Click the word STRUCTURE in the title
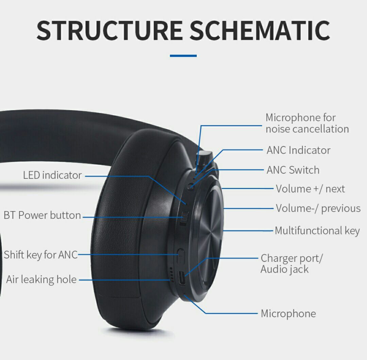[x=109, y=30]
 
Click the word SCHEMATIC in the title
[x=260, y=30]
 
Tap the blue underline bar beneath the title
[x=183, y=56]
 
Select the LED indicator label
[x=52, y=175]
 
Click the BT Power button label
[x=42, y=216]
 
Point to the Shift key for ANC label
[x=41, y=255]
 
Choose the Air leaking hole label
[x=41, y=280]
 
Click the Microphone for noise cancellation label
[x=307, y=123]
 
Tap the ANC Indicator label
[x=298, y=150]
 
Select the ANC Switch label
[x=293, y=170]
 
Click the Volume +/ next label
[x=310, y=189]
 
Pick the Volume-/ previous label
[x=318, y=208]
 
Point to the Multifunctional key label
[x=317, y=231]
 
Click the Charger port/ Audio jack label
[x=292, y=263]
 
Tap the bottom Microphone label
[x=288, y=313]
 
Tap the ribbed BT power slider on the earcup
[x=184, y=218]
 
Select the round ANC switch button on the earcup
[x=191, y=186]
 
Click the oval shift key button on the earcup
[x=180, y=255]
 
